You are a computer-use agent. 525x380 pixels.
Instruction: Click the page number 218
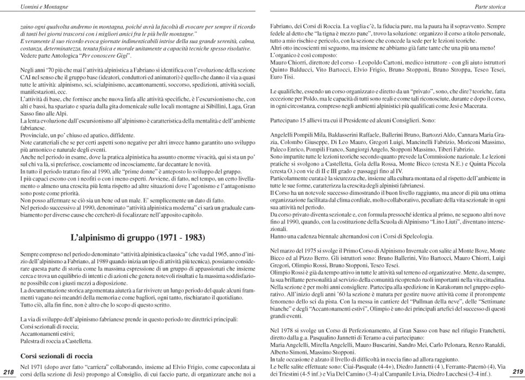9,372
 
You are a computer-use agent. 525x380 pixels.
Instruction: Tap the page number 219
517,372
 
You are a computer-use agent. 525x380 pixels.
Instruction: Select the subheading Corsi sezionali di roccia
56,356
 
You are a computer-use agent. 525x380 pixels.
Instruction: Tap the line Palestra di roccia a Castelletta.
56,341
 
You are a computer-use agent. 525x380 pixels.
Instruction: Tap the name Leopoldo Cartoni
352,63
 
